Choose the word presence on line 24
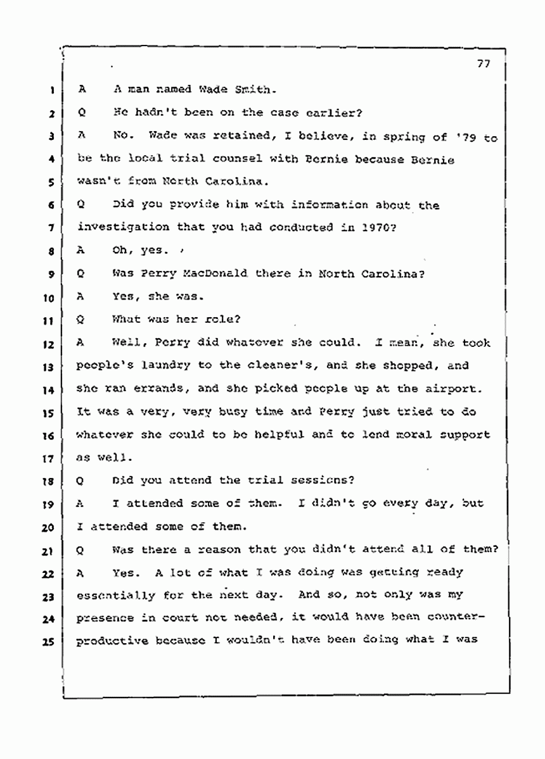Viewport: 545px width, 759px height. [x=104, y=618]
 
